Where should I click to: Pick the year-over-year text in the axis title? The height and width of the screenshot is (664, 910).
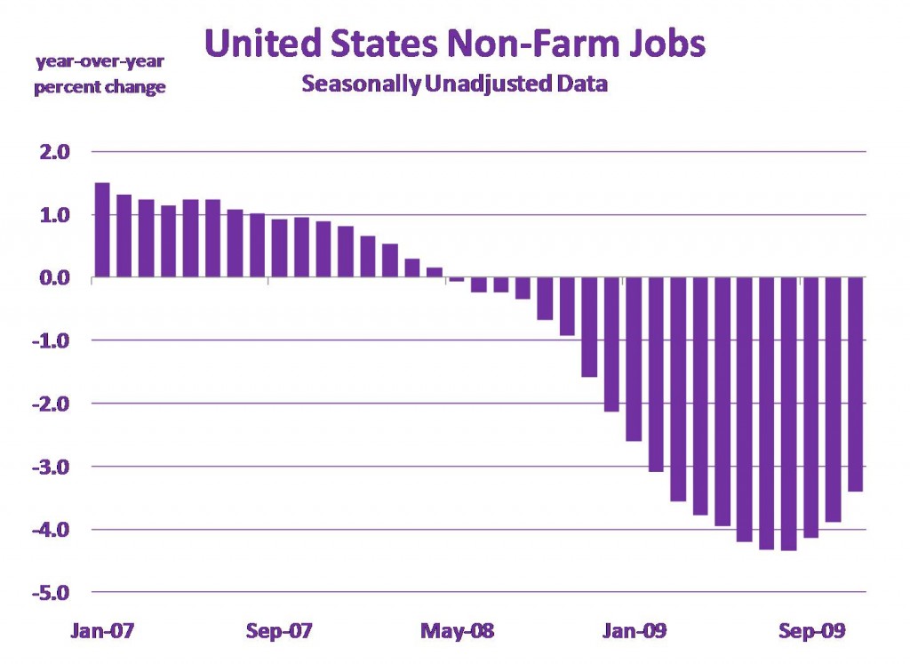100,61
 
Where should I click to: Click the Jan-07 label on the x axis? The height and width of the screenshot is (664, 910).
102,632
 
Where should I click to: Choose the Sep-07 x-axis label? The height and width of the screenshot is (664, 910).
279,632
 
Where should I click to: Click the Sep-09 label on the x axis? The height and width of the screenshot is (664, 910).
810,632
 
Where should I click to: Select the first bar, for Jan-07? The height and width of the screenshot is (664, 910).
102,230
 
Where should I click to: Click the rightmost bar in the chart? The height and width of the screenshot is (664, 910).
855,384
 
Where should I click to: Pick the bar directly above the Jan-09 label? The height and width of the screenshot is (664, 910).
634,359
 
